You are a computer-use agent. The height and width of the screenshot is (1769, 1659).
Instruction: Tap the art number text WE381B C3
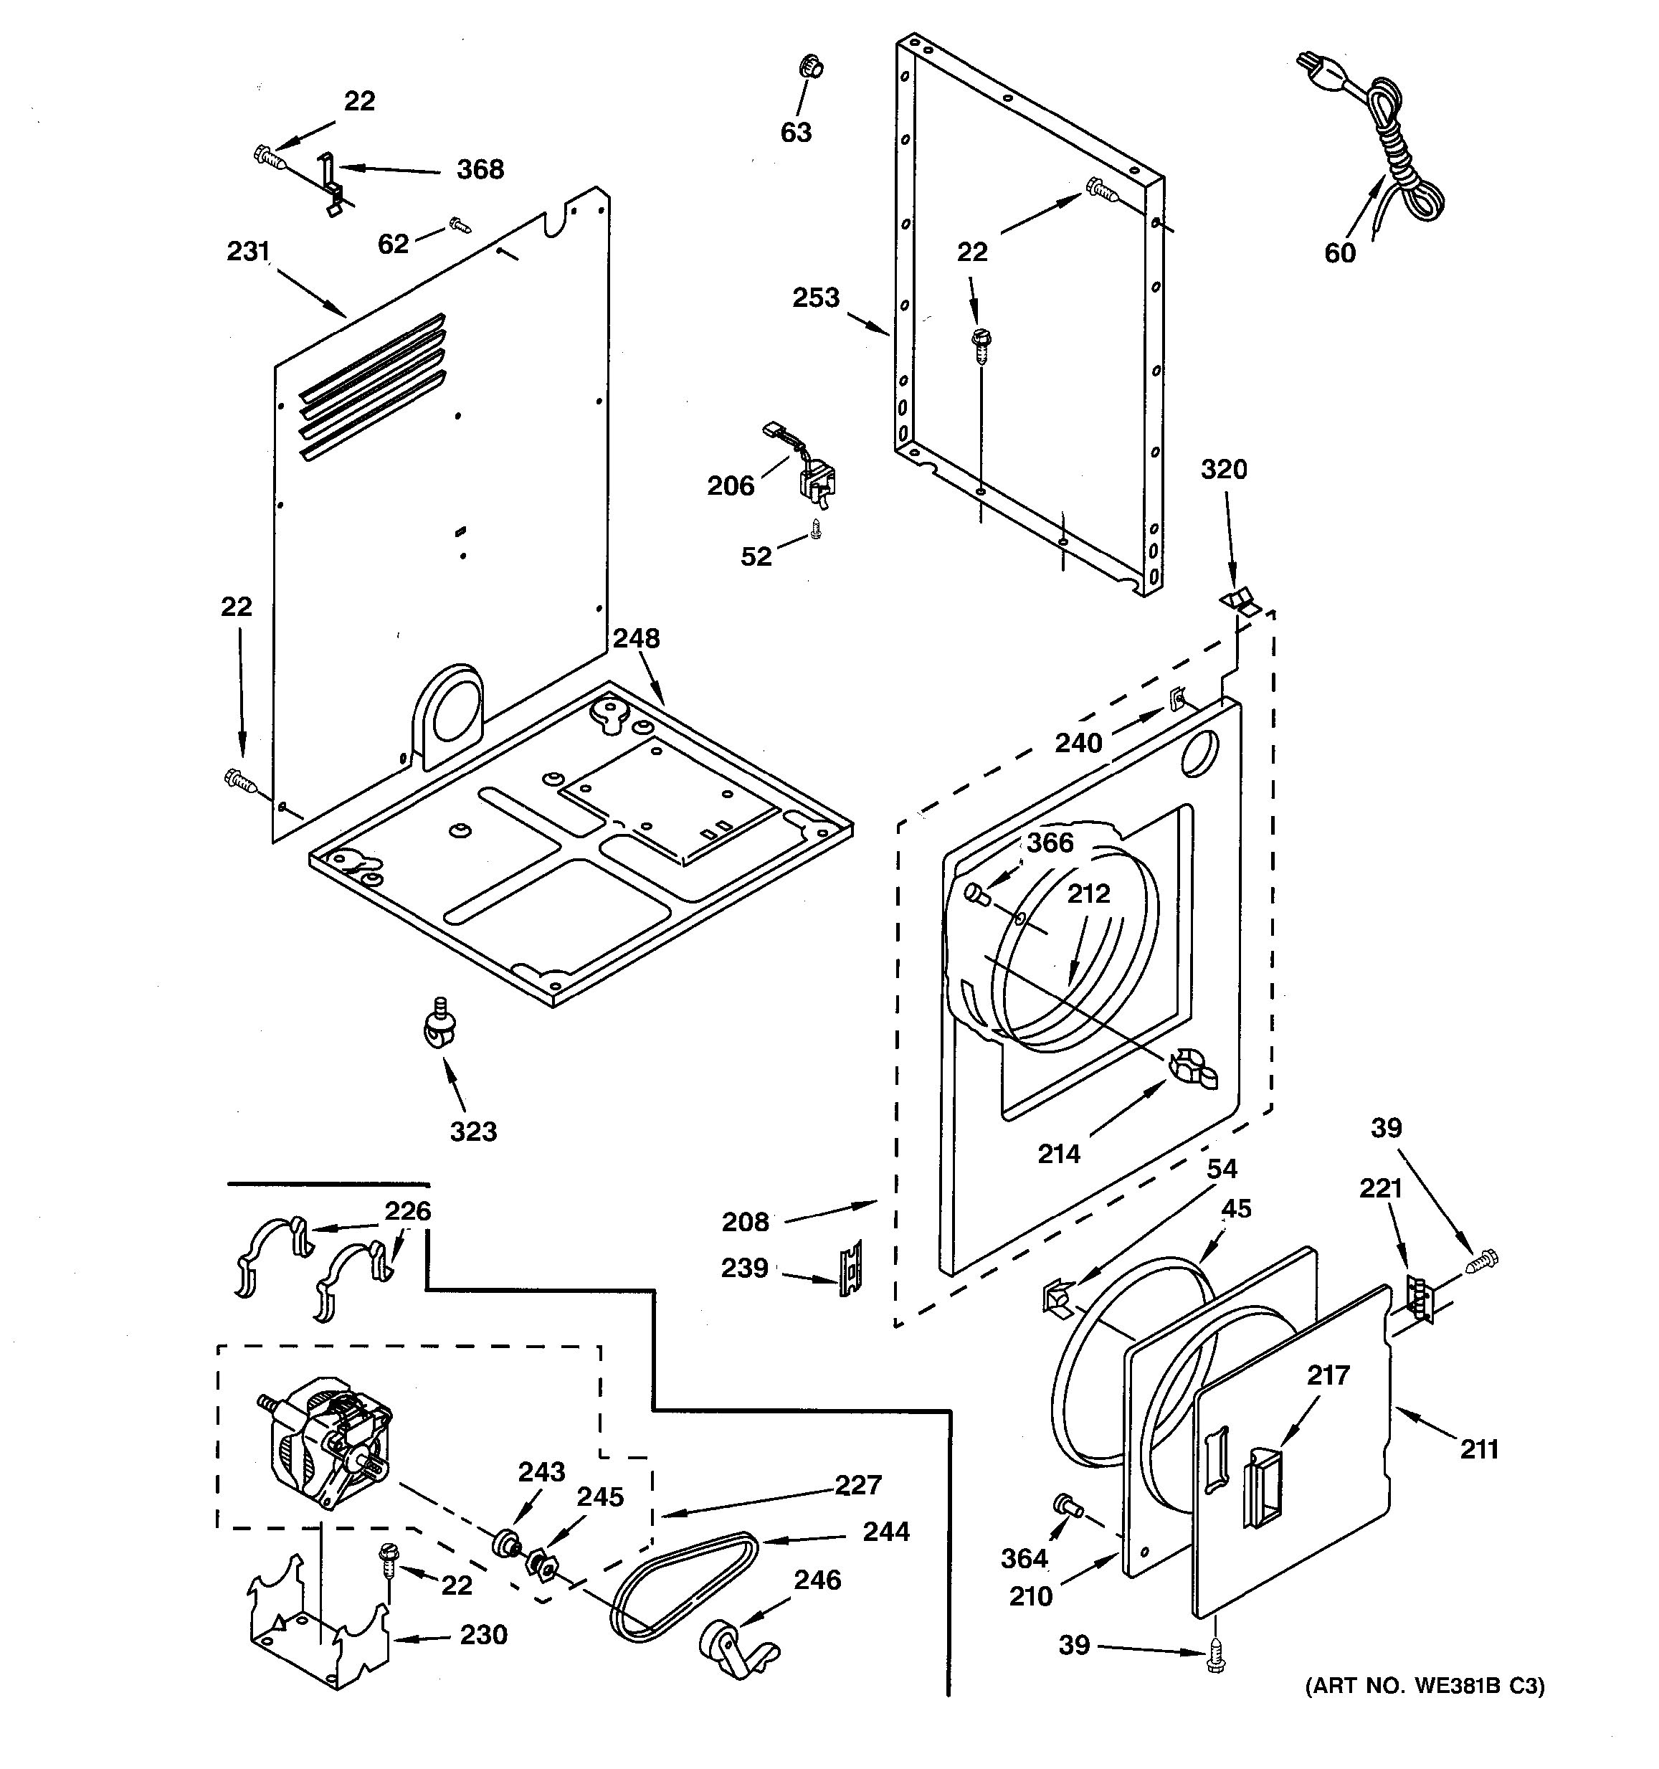coord(1424,1685)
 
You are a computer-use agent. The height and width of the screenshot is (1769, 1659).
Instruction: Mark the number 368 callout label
coord(480,169)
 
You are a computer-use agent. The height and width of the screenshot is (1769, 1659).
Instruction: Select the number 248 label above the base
coord(636,639)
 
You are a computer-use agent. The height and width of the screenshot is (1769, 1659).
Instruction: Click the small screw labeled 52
coord(816,531)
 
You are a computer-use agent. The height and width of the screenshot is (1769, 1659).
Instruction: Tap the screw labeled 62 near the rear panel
coord(459,225)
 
